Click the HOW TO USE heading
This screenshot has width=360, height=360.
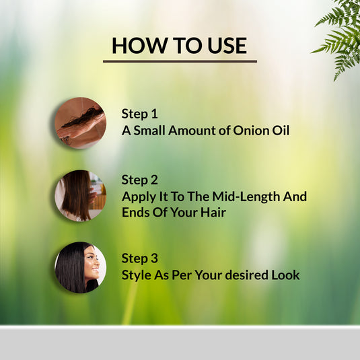pyautogui.click(x=179, y=45)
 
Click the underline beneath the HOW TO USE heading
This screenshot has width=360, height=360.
pyautogui.click(x=180, y=61)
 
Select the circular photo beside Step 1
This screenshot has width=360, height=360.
pyautogui.click(x=80, y=122)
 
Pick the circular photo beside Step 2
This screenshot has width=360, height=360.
pyautogui.click(x=80, y=196)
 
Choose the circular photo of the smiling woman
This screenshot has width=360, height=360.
pyautogui.click(x=80, y=268)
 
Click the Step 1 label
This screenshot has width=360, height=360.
pyautogui.click(x=139, y=114)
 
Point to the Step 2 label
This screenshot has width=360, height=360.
pyautogui.click(x=139, y=180)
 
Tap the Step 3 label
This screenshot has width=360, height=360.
pyautogui.click(x=139, y=258)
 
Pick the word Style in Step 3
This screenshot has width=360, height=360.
pyautogui.click(x=136, y=275)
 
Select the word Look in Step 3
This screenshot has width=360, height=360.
pyautogui.click(x=286, y=275)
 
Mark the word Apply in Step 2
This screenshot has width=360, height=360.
pyautogui.click(x=138, y=197)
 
